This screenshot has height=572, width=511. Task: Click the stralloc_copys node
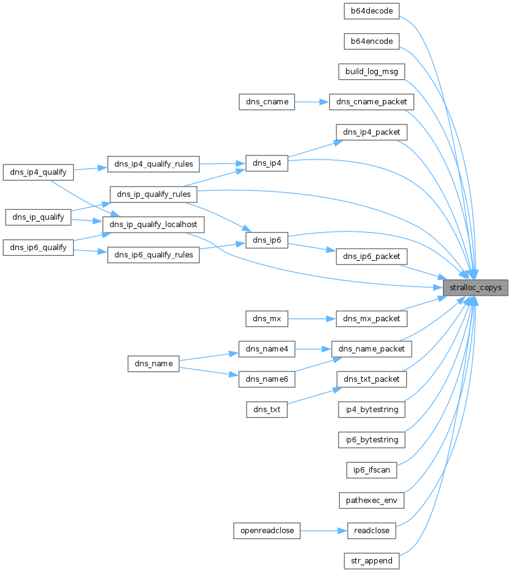pyautogui.click(x=475, y=287)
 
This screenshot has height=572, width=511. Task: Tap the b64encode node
pyautogui.click(x=372, y=41)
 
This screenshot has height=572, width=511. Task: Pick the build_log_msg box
pyautogui.click(x=372, y=71)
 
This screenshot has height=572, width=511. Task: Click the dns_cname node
pyautogui.click(x=267, y=102)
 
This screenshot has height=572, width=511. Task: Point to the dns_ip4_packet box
pyautogui.click(x=372, y=132)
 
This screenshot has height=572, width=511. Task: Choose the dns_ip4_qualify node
pyautogui.click(x=39, y=172)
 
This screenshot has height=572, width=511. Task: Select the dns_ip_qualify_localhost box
pyautogui.click(x=153, y=225)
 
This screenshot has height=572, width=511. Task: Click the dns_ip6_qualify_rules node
pyautogui.click(x=153, y=255)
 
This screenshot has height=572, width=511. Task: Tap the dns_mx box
pyautogui.click(x=267, y=319)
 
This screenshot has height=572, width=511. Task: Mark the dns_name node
pyautogui.click(x=153, y=364)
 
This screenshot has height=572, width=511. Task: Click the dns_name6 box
pyautogui.click(x=267, y=379)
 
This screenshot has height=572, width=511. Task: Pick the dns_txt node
pyautogui.click(x=267, y=409)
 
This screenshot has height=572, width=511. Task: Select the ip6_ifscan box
pyautogui.click(x=372, y=470)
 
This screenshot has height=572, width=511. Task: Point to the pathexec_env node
pyautogui.click(x=372, y=500)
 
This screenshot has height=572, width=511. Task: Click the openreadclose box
pyautogui.click(x=267, y=531)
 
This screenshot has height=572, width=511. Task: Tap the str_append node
pyautogui.click(x=372, y=561)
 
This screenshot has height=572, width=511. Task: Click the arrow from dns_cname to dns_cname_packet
pyautogui.click(x=312, y=102)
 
